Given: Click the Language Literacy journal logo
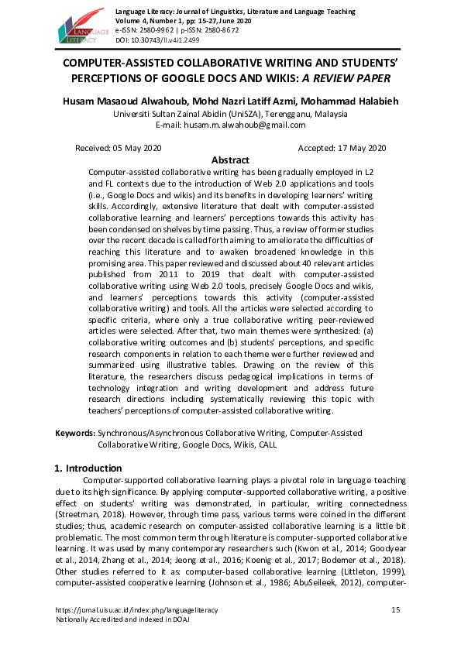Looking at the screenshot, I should pos(79,25).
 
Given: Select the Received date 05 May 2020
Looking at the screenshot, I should pos(118,147).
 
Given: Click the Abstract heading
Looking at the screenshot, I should pos(230,160).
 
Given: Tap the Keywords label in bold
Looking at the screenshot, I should pos(74,434).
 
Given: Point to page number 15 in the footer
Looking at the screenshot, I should pos(396,610).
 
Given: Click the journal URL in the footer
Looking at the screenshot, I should pos(136,610).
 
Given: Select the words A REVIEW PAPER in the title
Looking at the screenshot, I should pos(348,79).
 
